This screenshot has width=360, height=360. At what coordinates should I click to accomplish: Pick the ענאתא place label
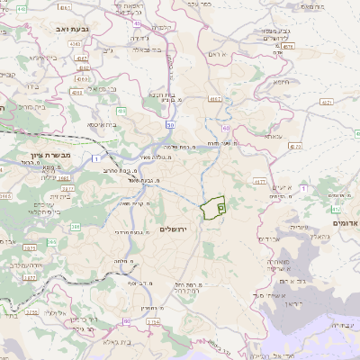(x=273, y=136)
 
